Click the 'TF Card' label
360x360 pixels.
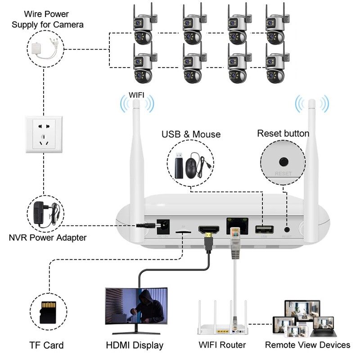click(x=46, y=345)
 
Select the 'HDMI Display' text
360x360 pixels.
click(x=135, y=345)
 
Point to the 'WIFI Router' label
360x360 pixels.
click(x=222, y=345)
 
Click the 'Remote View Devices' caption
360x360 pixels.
click(x=307, y=345)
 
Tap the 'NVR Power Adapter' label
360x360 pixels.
click(x=47, y=237)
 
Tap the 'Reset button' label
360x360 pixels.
click(x=283, y=134)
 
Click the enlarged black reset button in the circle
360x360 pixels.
click(x=283, y=161)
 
